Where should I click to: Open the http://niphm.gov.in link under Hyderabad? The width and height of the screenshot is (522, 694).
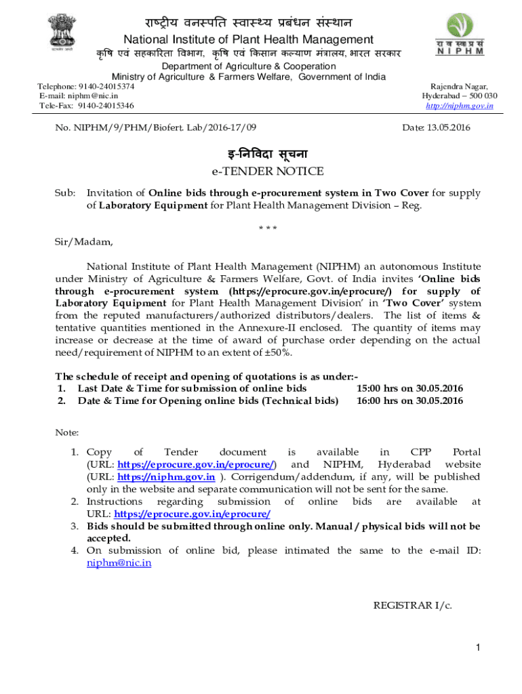coord(459,106)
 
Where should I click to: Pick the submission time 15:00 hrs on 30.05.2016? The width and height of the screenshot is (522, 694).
coord(409,388)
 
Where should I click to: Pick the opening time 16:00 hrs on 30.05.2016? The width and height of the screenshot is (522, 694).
coord(409,401)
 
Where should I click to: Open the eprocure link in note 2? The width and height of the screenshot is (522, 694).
coord(193,514)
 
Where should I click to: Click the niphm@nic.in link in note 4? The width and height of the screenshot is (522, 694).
coord(119,563)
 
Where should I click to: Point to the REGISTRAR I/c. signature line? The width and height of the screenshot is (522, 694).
coord(412,605)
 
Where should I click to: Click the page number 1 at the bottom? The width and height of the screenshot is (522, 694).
coord(477,649)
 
